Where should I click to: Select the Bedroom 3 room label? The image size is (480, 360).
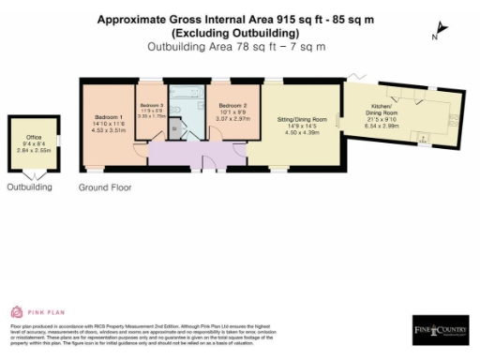tap(152, 104)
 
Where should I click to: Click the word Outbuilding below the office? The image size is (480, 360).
tap(30, 187)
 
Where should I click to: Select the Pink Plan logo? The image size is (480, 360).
tap(34, 312)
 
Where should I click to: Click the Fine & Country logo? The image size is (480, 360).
tap(439, 329)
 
